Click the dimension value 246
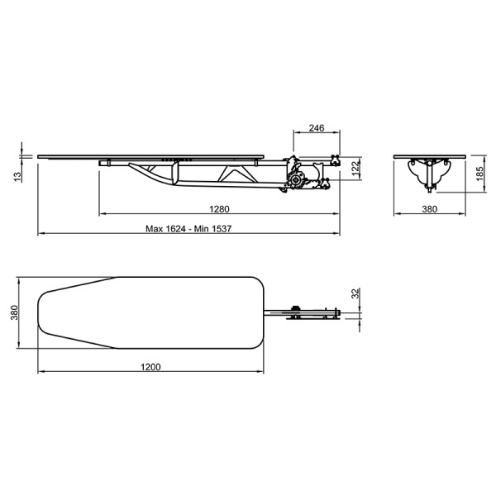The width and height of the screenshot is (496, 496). (317, 128)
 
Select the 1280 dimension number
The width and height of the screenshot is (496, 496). (219, 209)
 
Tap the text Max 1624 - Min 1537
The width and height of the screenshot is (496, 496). (188, 228)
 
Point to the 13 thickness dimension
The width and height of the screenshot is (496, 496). (17, 177)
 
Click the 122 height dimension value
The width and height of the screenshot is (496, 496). (356, 168)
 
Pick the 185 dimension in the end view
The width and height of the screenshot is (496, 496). (479, 174)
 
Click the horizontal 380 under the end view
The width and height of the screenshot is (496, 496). (430, 209)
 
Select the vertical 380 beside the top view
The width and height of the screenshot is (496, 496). (15, 312)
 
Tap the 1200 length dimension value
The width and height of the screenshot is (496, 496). (150, 367)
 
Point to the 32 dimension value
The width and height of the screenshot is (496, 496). (356, 293)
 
